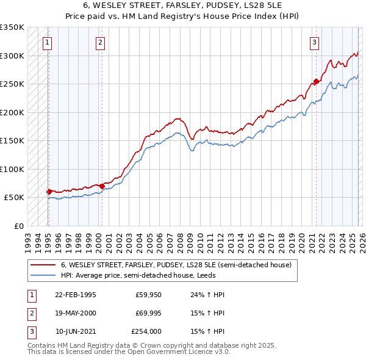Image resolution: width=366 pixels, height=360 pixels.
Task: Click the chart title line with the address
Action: tap(183, 5)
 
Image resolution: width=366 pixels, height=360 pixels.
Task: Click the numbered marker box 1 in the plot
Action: tap(48, 43)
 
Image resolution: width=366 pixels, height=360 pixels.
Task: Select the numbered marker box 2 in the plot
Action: tap(100, 43)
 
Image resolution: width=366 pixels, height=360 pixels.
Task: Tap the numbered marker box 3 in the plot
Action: tap(314, 43)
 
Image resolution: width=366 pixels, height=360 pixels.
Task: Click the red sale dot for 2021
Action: tap(316, 81)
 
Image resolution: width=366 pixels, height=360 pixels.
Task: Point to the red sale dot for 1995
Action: tap(49, 192)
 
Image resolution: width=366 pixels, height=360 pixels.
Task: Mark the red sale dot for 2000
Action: tap(102, 185)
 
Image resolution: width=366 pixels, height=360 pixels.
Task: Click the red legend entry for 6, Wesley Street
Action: tap(176, 265)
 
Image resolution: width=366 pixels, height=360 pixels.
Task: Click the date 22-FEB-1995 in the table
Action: tap(75, 295)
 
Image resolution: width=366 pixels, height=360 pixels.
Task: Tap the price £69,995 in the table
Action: tap(146, 313)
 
